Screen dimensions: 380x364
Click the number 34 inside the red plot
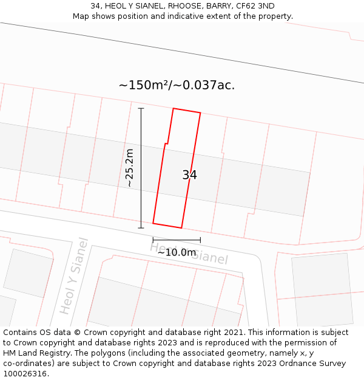pos(189,175)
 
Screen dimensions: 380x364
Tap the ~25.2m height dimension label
pos(129,168)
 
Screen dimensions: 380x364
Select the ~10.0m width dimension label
pos(177,252)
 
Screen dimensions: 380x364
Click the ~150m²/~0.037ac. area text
pos(177,85)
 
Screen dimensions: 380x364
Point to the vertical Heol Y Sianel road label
pos(74,276)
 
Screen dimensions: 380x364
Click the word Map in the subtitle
pos(81,16)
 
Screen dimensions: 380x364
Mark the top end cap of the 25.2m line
pos(141,108)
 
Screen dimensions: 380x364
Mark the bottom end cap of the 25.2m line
pos(141,228)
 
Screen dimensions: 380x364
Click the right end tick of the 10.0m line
pos(200,240)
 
